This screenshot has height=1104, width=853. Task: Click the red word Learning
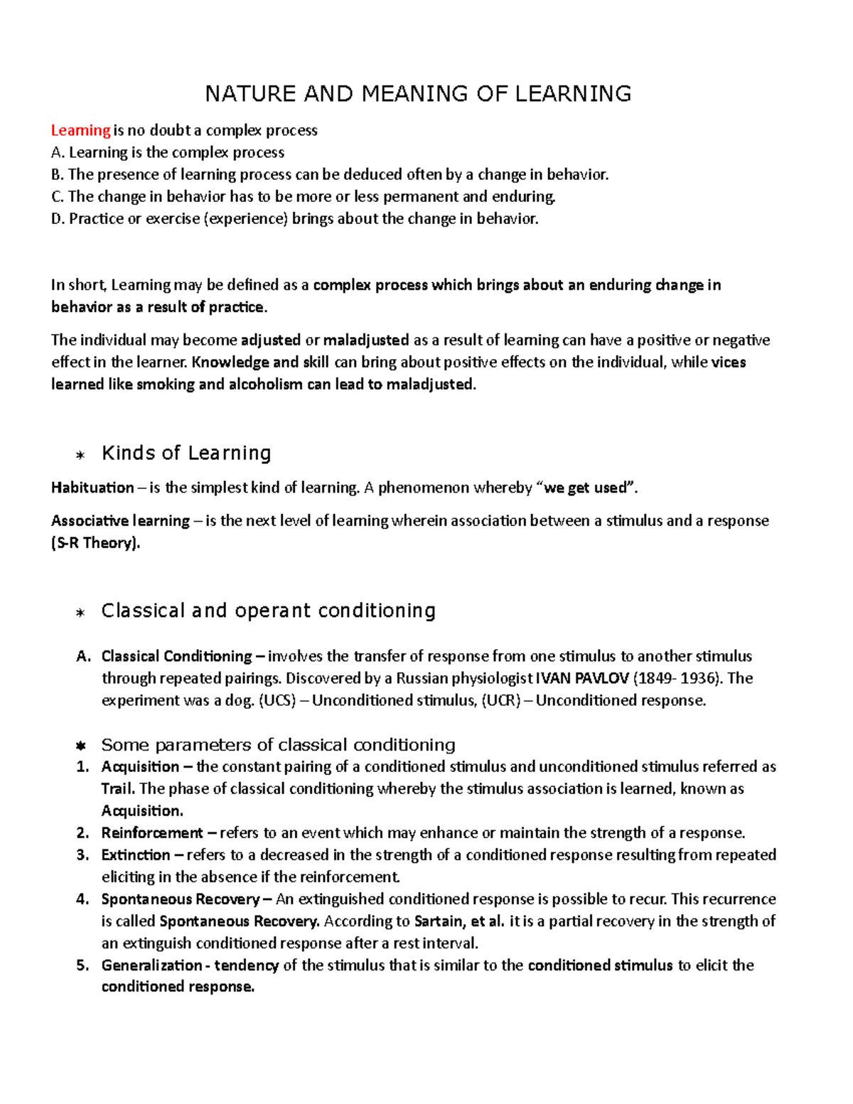(x=80, y=130)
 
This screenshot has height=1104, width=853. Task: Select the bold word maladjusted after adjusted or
(x=366, y=340)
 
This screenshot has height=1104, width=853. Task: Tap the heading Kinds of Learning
(x=186, y=453)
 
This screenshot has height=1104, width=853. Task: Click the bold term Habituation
(x=92, y=488)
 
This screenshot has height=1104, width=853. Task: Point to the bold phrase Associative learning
(x=120, y=521)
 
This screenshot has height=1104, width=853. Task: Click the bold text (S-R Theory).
(x=96, y=543)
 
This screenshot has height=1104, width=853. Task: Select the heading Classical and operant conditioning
(x=269, y=611)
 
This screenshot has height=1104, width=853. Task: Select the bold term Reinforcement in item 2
(x=152, y=832)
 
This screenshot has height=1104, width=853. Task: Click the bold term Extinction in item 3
(x=136, y=854)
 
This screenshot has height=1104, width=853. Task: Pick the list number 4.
(x=82, y=899)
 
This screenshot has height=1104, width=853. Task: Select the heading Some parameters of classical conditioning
(x=278, y=745)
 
